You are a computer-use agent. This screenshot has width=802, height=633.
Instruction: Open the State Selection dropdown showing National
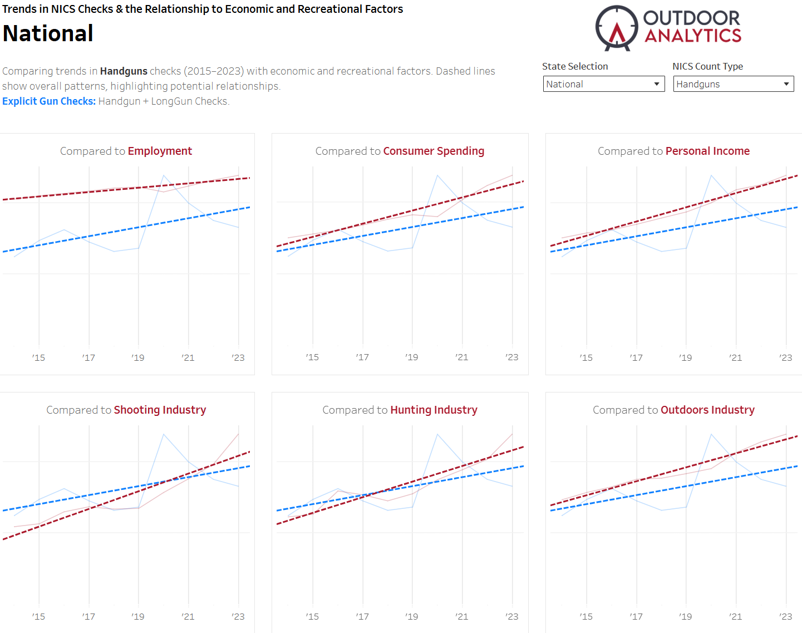[603, 84]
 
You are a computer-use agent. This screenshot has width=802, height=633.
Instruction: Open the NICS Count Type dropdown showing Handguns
[733, 84]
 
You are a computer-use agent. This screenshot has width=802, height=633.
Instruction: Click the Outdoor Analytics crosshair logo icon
[616, 28]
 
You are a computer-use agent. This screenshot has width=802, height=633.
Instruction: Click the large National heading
[48, 33]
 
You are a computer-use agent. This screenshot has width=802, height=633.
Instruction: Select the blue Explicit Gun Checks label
[49, 101]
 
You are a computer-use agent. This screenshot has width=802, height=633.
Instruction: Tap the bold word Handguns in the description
[124, 71]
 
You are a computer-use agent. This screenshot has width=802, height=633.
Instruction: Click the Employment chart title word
[160, 151]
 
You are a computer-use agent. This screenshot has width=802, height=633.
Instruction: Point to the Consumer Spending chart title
[433, 151]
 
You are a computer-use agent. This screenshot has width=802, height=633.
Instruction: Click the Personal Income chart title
[707, 151]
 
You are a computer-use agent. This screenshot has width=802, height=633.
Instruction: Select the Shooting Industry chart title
[160, 410]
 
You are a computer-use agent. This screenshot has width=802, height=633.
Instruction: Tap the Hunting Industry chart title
[434, 410]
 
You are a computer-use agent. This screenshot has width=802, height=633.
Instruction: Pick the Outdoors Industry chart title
[707, 410]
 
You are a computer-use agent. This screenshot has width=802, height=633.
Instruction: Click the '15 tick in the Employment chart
[38, 357]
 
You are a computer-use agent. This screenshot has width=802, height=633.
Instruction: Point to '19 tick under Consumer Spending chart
[412, 357]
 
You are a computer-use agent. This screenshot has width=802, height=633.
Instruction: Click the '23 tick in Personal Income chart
[785, 357]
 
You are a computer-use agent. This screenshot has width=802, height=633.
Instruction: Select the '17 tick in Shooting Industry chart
[88, 616]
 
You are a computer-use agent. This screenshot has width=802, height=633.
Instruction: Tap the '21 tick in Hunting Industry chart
[461, 616]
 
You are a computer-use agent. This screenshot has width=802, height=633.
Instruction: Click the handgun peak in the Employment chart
[164, 175]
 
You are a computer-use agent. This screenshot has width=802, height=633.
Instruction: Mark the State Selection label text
[575, 66]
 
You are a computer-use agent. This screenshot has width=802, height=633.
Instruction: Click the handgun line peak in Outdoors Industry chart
[711, 434]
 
